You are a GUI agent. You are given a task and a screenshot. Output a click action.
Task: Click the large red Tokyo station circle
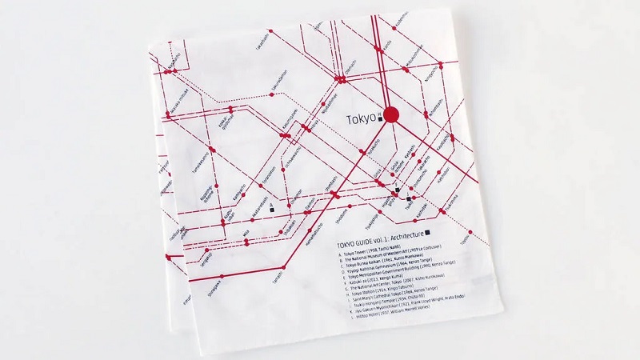(x=391, y=115)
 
